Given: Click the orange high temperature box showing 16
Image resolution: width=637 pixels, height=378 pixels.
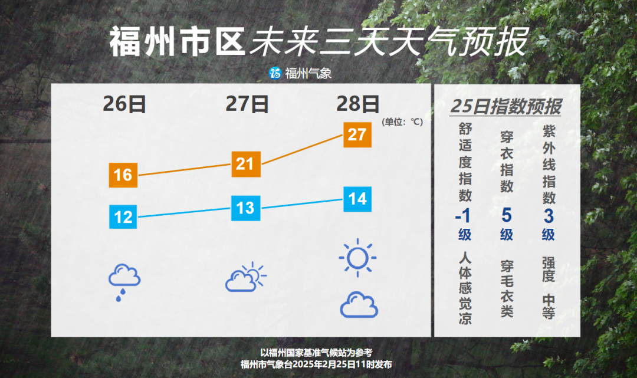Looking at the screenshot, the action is pyautogui.click(x=123, y=175).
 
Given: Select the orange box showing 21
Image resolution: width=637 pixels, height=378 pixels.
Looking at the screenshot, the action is pyautogui.click(x=246, y=164).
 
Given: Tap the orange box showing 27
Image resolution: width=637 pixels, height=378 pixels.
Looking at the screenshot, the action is pyautogui.click(x=357, y=134).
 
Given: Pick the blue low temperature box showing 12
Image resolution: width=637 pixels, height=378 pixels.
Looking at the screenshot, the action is pyautogui.click(x=123, y=217).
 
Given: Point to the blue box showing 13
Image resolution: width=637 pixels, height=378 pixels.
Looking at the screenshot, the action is pyautogui.click(x=246, y=208).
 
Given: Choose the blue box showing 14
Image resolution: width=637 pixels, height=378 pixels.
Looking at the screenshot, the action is pyautogui.click(x=357, y=199).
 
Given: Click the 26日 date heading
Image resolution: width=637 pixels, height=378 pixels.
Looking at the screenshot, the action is pyautogui.click(x=124, y=104).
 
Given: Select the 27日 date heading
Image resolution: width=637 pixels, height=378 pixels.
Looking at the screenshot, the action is pyautogui.click(x=247, y=104).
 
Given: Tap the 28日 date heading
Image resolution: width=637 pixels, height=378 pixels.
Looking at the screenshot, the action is pyautogui.click(x=358, y=104).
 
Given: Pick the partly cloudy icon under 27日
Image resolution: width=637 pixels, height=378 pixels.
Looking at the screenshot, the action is pyautogui.click(x=246, y=277).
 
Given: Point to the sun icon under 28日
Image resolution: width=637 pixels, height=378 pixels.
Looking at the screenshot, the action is pyautogui.click(x=357, y=258).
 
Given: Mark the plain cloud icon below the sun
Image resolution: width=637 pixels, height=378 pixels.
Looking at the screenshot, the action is pyautogui.click(x=359, y=304).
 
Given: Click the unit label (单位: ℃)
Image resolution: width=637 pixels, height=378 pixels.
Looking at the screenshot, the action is pyautogui.click(x=402, y=122).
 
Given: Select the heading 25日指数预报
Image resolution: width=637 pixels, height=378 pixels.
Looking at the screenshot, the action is pyautogui.click(x=506, y=106).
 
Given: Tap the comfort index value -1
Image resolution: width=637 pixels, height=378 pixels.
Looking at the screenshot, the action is pyautogui.click(x=463, y=216).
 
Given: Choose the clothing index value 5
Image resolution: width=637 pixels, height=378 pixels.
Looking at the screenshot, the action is pyautogui.click(x=507, y=215).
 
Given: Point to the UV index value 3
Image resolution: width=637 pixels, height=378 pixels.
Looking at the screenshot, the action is pyautogui.click(x=549, y=216).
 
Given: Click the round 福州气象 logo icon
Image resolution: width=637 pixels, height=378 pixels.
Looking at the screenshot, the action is pyautogui.click(x=275, y=73).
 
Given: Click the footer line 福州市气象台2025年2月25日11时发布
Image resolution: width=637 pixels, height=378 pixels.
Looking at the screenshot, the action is pyautogui.click(x=317, y=364).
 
